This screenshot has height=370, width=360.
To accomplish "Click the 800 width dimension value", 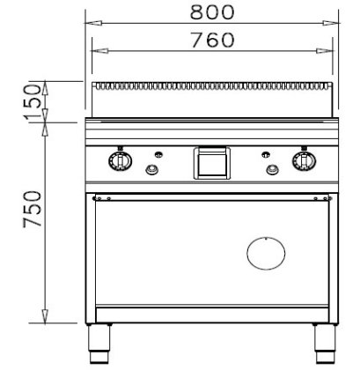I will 211,11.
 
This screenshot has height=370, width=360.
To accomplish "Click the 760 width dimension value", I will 211,40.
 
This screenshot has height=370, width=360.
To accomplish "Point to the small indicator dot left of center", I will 159,152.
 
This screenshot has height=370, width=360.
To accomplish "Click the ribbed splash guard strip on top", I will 212,86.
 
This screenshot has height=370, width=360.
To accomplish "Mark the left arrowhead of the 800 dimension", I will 91,22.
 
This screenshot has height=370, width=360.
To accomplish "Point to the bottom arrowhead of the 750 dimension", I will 44,319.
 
